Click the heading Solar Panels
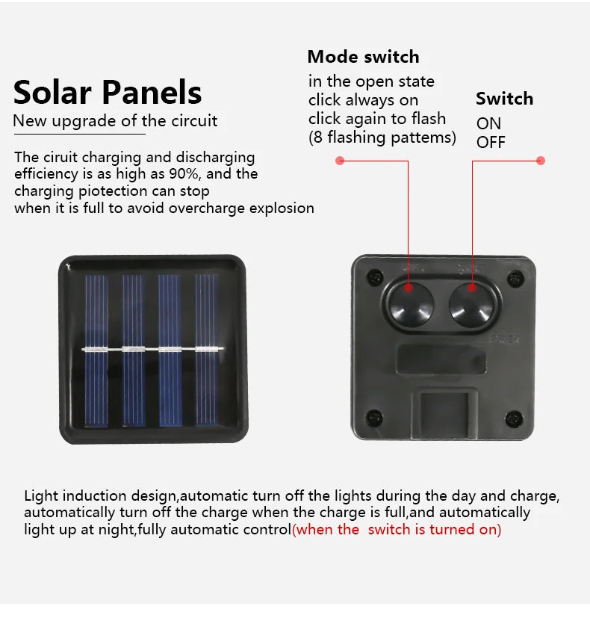pos(108,93)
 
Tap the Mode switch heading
pos(363,57)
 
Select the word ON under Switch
pos(488,123)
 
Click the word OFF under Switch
pos(491,142)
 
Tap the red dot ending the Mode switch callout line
pos(340,160)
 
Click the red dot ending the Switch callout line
pos(541,160)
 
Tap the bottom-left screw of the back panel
pos(375,417)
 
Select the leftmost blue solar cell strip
pos(96,350)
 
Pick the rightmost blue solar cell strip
pos(207,350)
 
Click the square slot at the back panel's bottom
pos(444,413)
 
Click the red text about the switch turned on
pos(397,530)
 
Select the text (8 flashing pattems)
pos(382,138)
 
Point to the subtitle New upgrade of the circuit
pos(116,120)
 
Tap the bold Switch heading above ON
pos(504,99)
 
